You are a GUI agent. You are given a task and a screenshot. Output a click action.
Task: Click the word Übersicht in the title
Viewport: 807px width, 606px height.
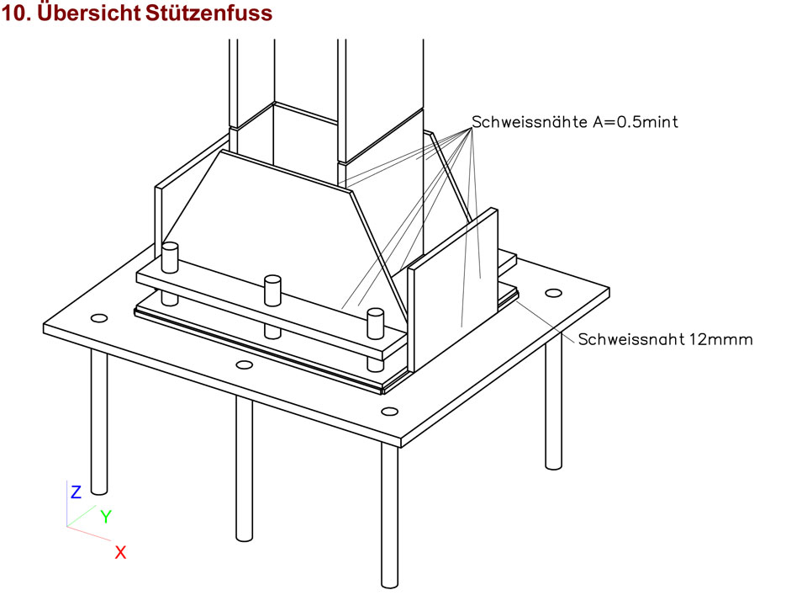82,14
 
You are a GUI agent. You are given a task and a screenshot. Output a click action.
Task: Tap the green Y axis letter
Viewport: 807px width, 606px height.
106,517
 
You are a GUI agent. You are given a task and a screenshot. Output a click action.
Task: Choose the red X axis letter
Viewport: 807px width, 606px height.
120,552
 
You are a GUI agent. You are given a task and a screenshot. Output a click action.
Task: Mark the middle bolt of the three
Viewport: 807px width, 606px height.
272,290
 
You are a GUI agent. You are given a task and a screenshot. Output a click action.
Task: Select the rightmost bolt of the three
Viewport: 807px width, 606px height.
375,324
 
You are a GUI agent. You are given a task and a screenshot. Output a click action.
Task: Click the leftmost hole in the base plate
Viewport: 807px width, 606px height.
99,318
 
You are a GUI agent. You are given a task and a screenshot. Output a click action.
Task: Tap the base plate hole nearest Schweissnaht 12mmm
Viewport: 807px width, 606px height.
552,293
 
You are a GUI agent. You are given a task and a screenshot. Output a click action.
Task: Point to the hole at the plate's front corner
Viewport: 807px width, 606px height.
389,411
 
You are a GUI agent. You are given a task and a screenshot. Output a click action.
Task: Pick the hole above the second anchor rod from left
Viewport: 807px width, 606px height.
245,364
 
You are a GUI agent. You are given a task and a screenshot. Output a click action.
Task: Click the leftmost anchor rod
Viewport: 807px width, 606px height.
99,421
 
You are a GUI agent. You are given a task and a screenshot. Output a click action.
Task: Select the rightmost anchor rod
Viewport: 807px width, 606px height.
552,404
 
